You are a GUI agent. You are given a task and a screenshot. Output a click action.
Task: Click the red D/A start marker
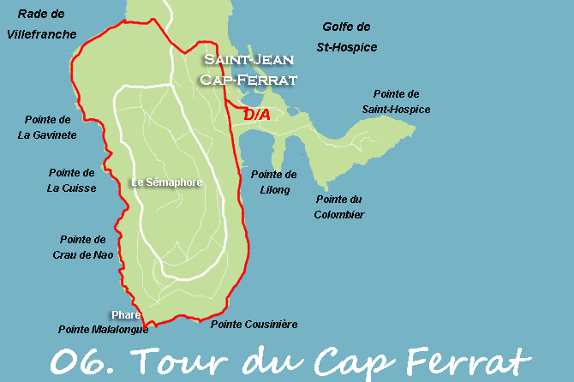tap(257, 114)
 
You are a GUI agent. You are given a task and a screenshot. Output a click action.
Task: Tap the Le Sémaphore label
tap(166, 182)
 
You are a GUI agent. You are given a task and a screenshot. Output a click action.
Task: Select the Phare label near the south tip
tap(125, 314)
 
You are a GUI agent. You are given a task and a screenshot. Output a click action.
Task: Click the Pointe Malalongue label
tap(103, 329)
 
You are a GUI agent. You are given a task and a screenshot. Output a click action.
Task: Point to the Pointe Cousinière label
tap(254, 324)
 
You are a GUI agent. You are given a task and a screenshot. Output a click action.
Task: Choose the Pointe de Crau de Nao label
tap(83, 247)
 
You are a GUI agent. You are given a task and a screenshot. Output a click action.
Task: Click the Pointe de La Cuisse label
tap(73, 180)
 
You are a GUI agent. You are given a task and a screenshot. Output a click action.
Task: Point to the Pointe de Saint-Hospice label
tap(396, 101)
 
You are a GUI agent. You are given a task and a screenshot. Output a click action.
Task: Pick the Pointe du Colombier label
tap(340, 206)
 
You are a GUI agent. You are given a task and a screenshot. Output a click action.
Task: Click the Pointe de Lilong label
tap(274, 182)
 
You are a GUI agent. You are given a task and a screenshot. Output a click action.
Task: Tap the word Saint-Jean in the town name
tap(248, 60)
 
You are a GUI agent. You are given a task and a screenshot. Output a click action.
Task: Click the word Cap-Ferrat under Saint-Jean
tap(248, 80)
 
